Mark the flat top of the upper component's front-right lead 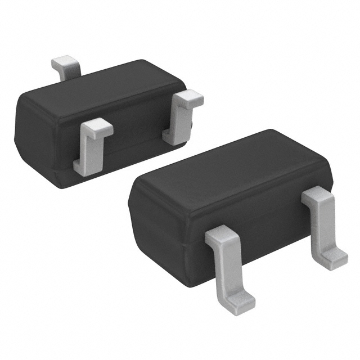[x=188, y=98]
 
